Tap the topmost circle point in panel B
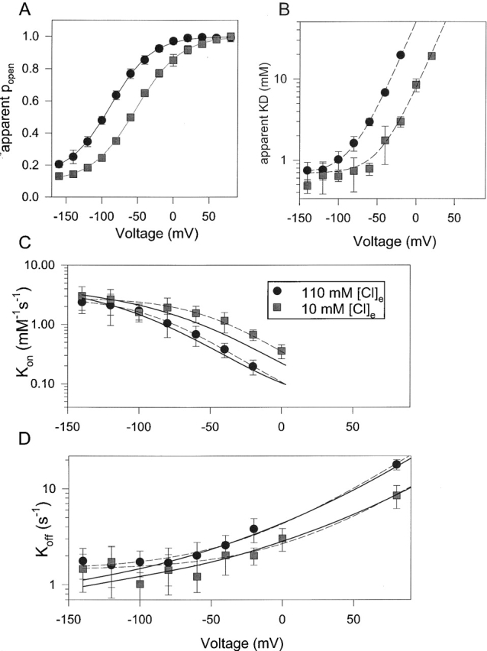401,55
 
